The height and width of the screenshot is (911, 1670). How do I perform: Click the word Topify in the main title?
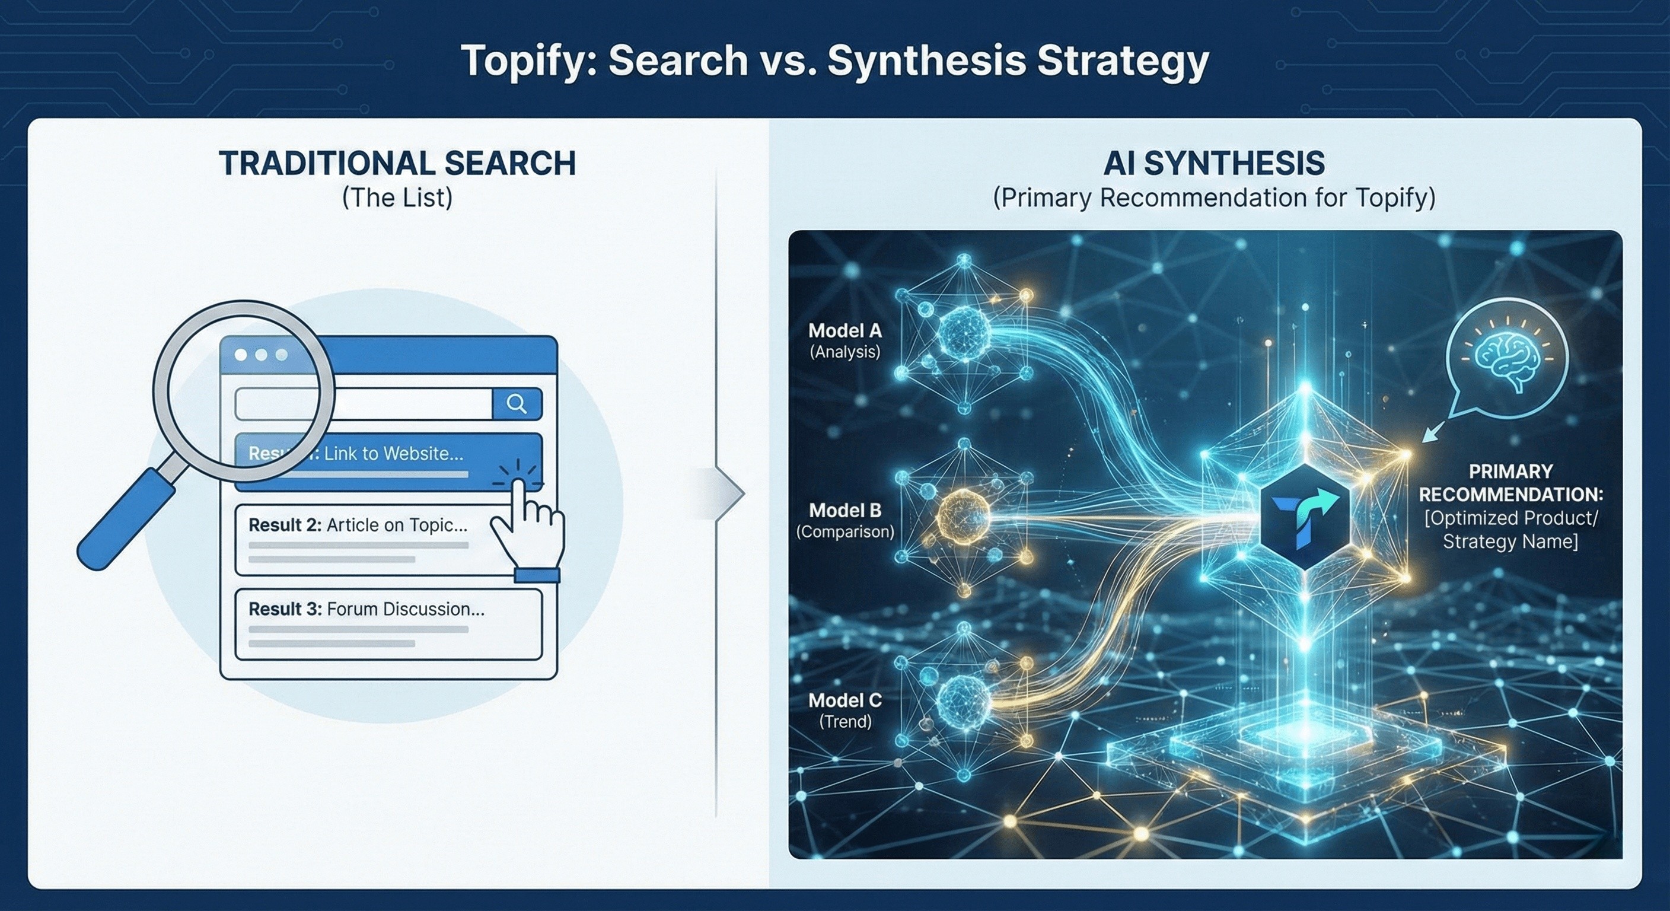(x=530, y=62)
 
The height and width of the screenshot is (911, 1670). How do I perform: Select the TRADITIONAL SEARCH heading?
(x=397, y=163)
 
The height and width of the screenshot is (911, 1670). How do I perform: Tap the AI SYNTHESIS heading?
(x=1213, y=163)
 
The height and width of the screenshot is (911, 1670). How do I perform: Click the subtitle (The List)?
(x=397, y=197)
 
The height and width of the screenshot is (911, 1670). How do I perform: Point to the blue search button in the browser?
(x=517, y=404)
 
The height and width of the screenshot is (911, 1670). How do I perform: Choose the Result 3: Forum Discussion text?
(x=366, y=609)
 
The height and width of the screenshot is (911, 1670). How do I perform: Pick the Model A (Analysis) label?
(x=844, y=340)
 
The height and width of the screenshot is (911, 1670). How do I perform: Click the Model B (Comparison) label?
(x=844, y=520)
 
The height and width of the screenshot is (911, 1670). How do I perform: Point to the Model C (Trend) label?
(x=844, y=710)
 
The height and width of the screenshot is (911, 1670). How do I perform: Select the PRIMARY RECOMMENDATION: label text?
(x=1510, y=483)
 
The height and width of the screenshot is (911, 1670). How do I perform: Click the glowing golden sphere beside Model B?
(x=964, y=517)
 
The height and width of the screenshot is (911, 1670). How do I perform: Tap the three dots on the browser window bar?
(x=262, y=355)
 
